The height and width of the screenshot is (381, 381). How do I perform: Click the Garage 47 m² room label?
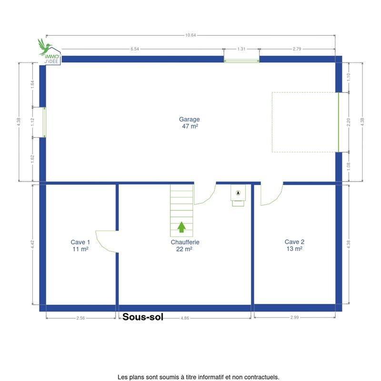(x=189, y=123)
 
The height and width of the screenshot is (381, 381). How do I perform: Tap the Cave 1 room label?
(x=80, y=245)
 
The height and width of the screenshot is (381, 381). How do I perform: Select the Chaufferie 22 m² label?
(x=185, y=245)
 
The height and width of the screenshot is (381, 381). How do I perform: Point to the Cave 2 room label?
(x=294, y=245)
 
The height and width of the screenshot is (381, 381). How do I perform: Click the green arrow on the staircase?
(x=181, y=227)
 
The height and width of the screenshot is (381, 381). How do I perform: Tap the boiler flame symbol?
(x=238, y=193)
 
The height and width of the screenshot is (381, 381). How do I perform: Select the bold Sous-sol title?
(x=142, y=317)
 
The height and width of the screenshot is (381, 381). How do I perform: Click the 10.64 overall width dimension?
(x=190, y=35)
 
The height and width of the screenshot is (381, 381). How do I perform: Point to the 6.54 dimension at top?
(x=135, y=49)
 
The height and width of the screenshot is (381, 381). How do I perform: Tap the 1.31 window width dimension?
(x=241, y=49)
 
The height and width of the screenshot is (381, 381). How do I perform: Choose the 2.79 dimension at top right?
(x=297, y=49)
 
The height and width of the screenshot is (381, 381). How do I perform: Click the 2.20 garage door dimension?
(x=349, y=122)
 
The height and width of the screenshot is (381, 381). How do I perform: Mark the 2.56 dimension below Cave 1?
(x=80, y=318)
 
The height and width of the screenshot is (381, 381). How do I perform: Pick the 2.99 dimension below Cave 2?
(x=294, y=317)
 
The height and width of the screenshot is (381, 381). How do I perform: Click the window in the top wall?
(x=241, y=61)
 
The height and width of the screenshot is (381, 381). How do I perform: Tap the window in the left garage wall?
(x=44, y=122)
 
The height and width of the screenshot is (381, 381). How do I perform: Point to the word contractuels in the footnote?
(x=264, y=377)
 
